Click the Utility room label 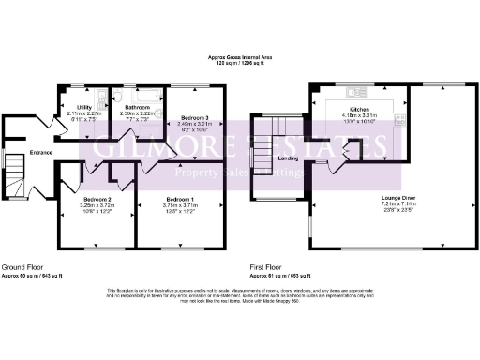click(82, 107)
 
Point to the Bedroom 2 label click(97, 200)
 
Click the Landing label click(289, 158)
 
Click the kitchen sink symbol click(355, 92)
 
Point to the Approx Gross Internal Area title click(240, 57)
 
